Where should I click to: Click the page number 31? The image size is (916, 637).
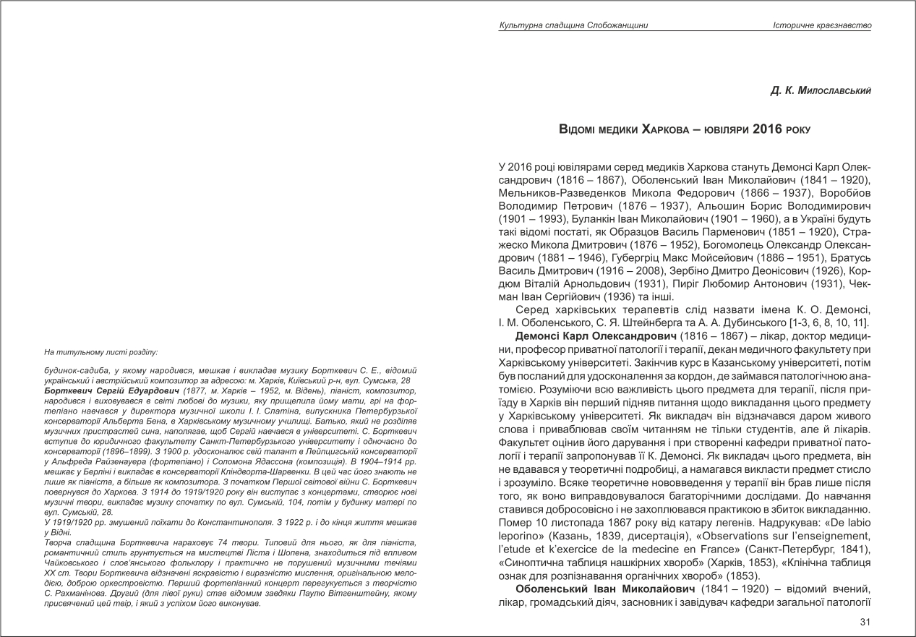click(865, 621)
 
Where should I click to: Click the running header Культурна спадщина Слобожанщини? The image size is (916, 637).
click(573, 25)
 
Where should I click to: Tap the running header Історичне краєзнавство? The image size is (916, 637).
click(821, 25)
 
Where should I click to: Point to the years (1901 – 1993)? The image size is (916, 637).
click(530, 217)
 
